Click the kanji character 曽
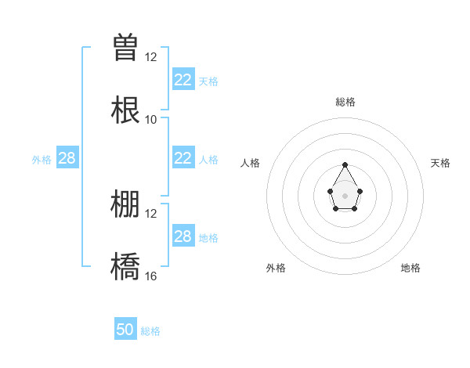[125, 47]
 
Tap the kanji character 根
[125, 110]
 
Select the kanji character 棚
[125, 204]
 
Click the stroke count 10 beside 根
[150, 119]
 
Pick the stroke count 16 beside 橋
[150, 276]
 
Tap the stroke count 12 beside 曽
[150, 56]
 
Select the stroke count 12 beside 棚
[150, 213]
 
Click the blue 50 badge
[125, 330]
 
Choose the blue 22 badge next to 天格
[183, 80]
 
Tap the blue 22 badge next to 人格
[183, 158]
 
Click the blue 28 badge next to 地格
[183, 236]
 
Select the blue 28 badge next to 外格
[67, 158]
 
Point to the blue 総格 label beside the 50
[150, 331]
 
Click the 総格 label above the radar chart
[345, 102]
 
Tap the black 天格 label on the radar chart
[440, 163]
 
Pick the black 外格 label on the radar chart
[276, 268]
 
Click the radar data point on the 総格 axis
[345, 164]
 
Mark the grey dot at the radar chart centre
[345, 195]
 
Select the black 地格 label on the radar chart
[410, 268]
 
